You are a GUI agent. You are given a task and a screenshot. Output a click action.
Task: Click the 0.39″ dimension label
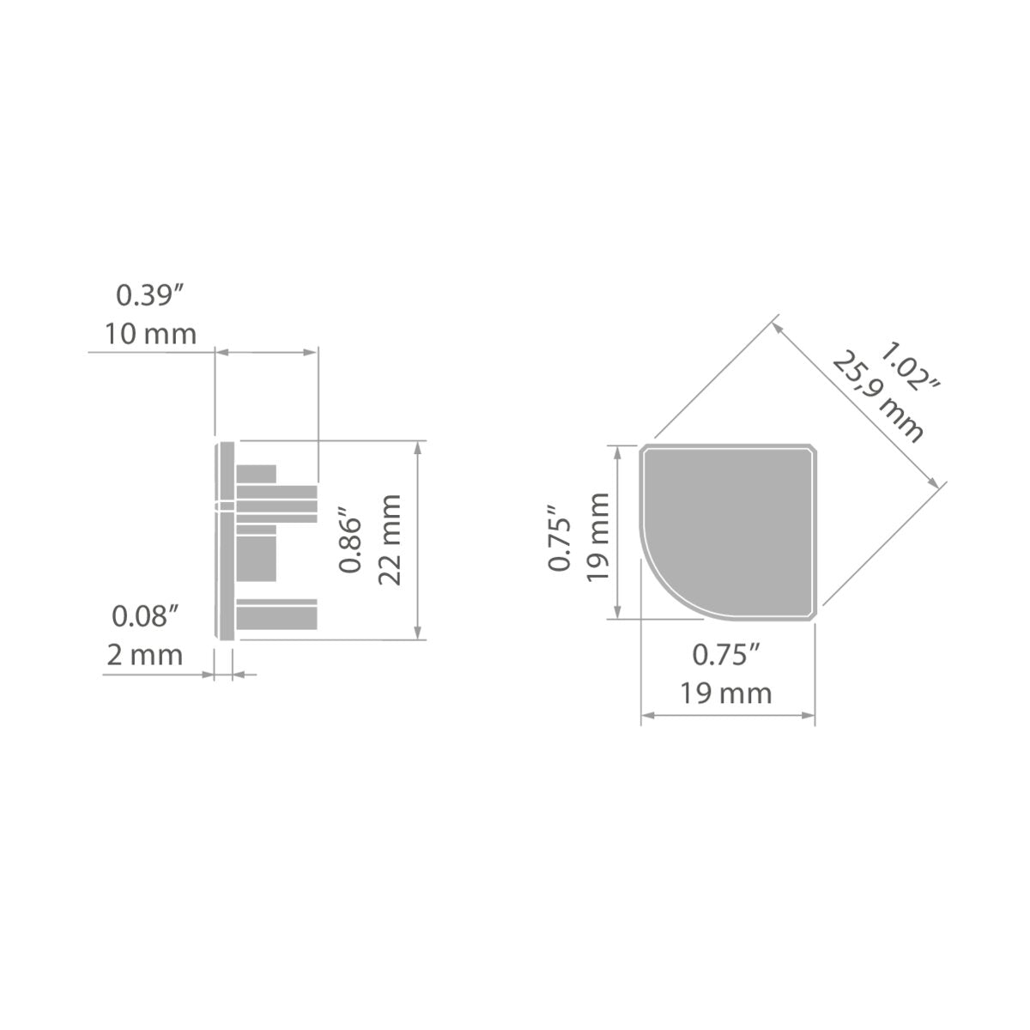point(150,295)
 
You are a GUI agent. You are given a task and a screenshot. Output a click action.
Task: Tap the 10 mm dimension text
point(151,334)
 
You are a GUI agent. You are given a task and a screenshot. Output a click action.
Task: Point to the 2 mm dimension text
point(145,655)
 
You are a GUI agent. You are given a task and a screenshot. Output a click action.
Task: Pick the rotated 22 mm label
point(390,540)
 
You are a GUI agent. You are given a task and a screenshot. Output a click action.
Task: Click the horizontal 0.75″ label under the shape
point(726,655)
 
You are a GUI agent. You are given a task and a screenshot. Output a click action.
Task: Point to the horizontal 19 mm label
point(726,694)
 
